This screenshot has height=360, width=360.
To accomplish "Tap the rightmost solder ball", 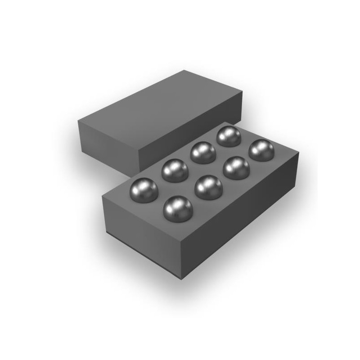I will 261,150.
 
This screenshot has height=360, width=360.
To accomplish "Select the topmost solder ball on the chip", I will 229,136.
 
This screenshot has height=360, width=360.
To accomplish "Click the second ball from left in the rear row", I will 175,170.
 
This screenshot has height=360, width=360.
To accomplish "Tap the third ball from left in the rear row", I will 203,152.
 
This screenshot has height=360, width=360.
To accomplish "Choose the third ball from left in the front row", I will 236,168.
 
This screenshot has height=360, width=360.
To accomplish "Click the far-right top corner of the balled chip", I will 299,156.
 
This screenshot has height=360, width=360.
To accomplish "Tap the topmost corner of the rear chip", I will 183,71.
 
